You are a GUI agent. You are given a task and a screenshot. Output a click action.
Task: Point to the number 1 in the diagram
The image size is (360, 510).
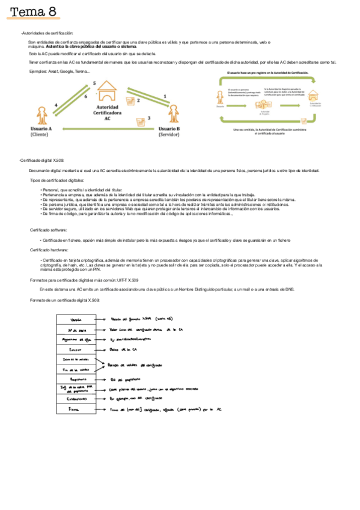click(166, 95)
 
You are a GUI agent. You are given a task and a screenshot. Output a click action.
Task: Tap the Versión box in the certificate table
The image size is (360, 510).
click(76, 320)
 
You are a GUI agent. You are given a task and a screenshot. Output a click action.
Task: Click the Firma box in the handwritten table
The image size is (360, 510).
click(76, 409)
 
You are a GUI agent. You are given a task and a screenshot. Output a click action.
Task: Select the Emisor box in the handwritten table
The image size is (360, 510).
click(76, 349)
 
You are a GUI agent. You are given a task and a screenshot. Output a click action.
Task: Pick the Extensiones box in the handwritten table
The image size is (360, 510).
click(76, 399)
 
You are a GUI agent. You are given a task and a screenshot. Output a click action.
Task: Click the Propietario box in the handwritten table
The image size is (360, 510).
click(76, 379)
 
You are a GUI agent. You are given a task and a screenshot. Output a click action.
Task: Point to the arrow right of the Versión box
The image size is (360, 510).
click(102, 320)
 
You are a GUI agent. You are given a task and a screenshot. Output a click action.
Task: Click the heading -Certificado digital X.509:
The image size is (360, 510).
click(41, 161)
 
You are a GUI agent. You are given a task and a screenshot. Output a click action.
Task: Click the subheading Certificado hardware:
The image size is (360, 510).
click(49, 250)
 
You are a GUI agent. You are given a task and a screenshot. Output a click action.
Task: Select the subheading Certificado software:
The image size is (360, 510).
click(49, 230)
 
